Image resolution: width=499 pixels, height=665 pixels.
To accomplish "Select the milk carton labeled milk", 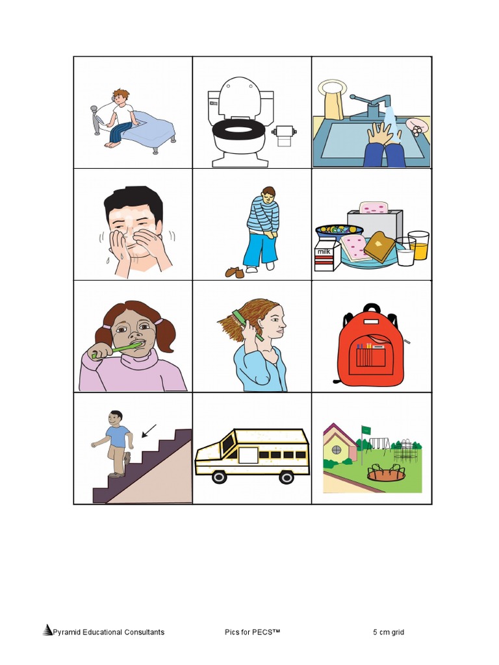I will point(326,253).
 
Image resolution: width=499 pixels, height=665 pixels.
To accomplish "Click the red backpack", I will point(371,347).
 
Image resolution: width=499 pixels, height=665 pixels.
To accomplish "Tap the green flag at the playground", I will point(366,429).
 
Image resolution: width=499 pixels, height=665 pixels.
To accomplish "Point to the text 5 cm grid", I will point(389,632).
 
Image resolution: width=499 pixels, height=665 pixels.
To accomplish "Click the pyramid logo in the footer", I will point(47,630).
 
